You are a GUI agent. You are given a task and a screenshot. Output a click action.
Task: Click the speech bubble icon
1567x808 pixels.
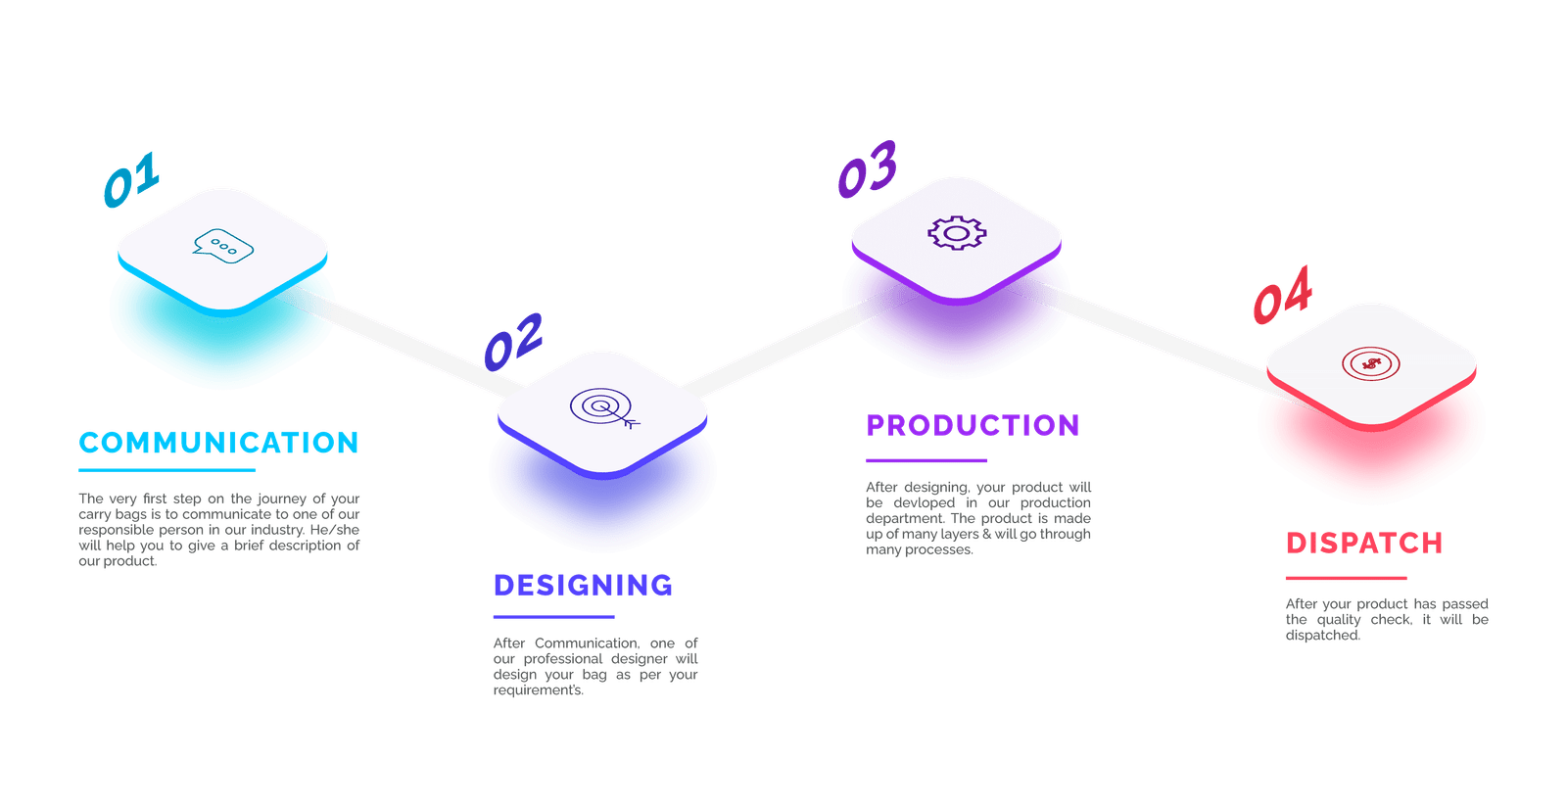223,246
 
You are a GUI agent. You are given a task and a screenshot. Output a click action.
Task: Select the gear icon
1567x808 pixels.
957,233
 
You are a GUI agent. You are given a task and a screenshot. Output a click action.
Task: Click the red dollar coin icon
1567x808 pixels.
1371,364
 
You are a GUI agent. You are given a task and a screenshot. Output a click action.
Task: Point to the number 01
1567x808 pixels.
131,180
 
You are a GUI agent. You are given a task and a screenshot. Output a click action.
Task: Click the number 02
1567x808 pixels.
513,341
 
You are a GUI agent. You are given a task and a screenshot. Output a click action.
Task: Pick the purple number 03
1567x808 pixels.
868,168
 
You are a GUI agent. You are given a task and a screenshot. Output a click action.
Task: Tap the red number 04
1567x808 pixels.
1282,295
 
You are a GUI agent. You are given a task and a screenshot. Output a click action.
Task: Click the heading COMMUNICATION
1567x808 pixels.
219,443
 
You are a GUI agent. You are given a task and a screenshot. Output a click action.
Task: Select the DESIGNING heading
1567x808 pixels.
583,586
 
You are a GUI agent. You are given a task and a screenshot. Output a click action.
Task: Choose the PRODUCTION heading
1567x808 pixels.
973,426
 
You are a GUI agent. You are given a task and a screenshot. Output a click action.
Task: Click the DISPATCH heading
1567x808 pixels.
1364,544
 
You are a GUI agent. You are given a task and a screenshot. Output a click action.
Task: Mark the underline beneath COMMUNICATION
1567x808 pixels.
153,470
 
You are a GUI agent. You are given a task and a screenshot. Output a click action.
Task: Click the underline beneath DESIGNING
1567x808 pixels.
553,617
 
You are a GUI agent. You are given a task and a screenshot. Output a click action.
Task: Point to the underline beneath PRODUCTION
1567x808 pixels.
926,460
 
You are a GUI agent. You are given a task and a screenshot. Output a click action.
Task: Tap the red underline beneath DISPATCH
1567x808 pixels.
1346,578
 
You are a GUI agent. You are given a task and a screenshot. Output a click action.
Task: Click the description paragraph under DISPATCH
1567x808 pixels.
1386,620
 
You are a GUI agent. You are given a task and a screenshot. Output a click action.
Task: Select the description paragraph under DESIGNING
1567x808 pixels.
595,667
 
